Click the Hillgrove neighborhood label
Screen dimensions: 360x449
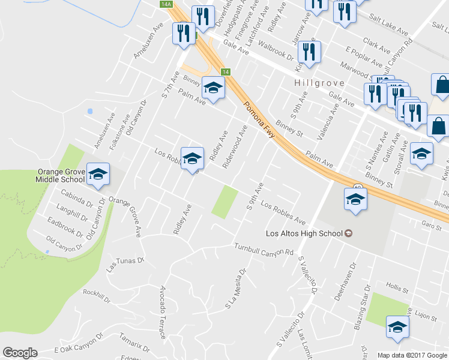pos(315,83)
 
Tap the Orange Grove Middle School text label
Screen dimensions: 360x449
pos(60,175)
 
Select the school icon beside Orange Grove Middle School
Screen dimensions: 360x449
pos(98,175)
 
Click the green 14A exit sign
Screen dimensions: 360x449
pos(166,4)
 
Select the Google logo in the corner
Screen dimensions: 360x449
pos(20,353)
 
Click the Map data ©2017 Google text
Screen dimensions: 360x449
pos(411,355)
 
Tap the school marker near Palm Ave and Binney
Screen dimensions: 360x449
pos(212,88)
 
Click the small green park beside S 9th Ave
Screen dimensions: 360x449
pos(224,202)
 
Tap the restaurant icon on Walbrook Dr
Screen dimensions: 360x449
pos(309,52)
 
